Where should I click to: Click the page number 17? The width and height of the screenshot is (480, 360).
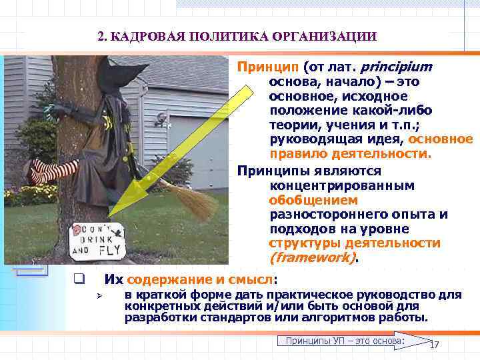pyautogui.click(x=435, y=345)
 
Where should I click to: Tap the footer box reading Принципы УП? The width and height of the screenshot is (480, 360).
pyautogui.click(x=345, y=341)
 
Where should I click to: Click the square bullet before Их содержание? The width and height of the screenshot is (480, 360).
pyautogui.click(x=79, y=279)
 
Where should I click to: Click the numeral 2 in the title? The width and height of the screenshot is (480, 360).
pyautogui.click(x=101, y=36)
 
